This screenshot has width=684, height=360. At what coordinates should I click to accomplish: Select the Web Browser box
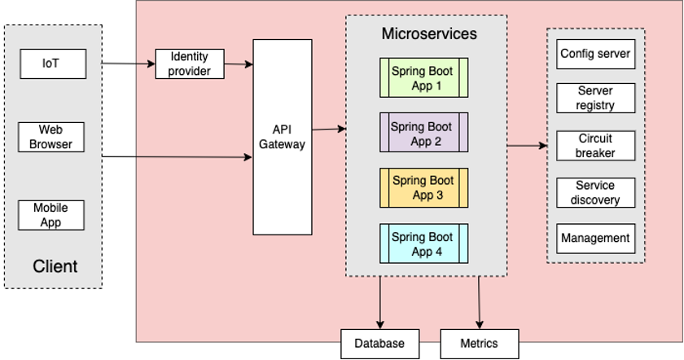click(x=51, y=137)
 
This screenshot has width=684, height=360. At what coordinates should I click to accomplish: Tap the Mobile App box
click(x=51, y=215)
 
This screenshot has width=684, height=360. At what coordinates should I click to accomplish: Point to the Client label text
click(x=55, y=266)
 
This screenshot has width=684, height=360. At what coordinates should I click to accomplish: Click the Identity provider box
click(x=190, y=64)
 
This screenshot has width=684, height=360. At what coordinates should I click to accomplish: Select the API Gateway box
click(x=283, y=137)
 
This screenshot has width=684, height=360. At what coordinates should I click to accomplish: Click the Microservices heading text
click(x=428, y=34)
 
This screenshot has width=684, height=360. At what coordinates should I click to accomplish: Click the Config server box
click(x=595, y=55)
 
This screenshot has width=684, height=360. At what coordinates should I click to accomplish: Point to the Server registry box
click(x=595, y=98)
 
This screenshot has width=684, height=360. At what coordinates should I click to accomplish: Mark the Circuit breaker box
click(x=595, y=146)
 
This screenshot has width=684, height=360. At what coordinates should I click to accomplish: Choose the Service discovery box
click(x=595, y=193)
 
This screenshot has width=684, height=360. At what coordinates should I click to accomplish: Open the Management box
click(x=595, y=238)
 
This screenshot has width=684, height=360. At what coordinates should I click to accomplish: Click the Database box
click(x=379, y=343)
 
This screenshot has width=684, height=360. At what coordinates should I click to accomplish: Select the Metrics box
click(x=480, y=343)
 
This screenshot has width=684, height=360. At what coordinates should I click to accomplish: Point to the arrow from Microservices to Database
click(x=379, y=301)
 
